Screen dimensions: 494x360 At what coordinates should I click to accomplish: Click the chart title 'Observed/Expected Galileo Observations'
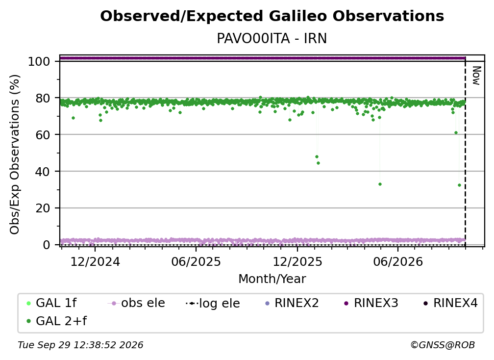[272, 16]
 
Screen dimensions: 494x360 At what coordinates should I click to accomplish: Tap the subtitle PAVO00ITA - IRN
[272, 39]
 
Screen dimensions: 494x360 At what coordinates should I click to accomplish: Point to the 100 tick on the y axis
[39, 61]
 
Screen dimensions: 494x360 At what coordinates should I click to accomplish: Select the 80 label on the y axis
[43, 98]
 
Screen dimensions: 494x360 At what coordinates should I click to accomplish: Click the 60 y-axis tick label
[43, 134]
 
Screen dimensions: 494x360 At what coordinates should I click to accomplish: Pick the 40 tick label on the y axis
[43, 172]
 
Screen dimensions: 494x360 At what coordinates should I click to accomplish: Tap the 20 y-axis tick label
[43, 208]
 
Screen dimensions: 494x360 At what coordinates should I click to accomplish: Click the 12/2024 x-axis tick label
[95, 262]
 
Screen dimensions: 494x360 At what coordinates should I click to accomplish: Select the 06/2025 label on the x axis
[196, 262]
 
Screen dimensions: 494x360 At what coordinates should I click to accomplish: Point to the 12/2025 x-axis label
[297, 262]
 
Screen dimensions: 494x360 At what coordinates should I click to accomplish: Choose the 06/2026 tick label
[398, 262]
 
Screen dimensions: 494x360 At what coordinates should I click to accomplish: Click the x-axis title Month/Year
[272, 279]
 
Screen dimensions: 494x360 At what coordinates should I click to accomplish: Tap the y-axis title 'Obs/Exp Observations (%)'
[15, 154]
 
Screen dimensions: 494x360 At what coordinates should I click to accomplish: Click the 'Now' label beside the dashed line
[476, 76]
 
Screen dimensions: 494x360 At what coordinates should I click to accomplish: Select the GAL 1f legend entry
[51, 303]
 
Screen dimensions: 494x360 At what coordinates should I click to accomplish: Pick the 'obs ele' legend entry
[136, 303]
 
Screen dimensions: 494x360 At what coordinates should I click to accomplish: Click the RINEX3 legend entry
[371, 303]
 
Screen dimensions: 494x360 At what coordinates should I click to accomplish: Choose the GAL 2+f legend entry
[56, 321]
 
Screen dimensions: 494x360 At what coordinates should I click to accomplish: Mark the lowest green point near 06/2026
[380, 184]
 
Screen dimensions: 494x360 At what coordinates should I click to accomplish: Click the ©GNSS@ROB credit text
[443, 345]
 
